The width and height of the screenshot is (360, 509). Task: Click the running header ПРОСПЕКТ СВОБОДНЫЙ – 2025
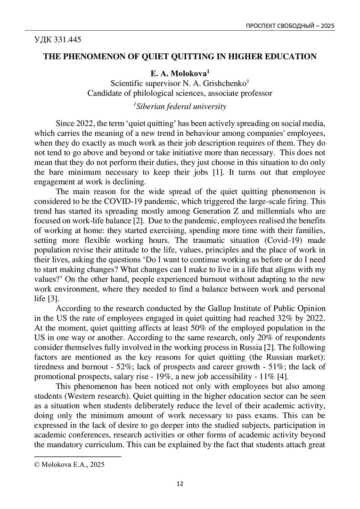(290, 25)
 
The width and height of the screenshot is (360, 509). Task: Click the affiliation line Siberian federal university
(180, 106)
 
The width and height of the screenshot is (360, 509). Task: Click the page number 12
(180, 484)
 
